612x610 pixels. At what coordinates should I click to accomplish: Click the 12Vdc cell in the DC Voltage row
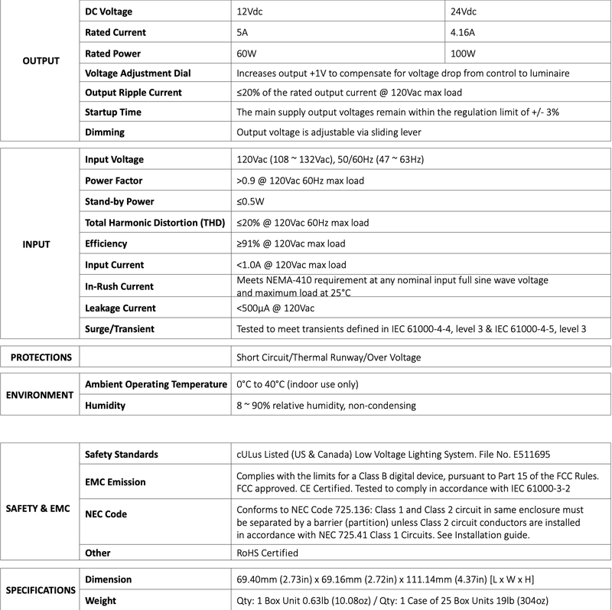tap(252, 13)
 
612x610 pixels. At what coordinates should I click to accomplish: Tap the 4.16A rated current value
tap(464, 33)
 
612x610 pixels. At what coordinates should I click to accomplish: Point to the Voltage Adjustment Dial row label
tap(138, 73)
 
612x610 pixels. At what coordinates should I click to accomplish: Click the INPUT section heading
tap(37, 245)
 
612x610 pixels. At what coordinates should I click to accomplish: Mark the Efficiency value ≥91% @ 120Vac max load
tap(291, 244)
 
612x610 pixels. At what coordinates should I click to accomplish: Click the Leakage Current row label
tap(122, 308)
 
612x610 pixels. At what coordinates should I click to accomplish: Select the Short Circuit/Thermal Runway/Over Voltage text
tap(329, 357)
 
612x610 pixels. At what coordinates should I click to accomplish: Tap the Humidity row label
tap(105, 406)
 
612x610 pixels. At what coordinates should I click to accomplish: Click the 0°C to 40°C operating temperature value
tap(298, 384)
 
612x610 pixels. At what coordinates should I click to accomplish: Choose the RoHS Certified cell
tap(268, 553)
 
